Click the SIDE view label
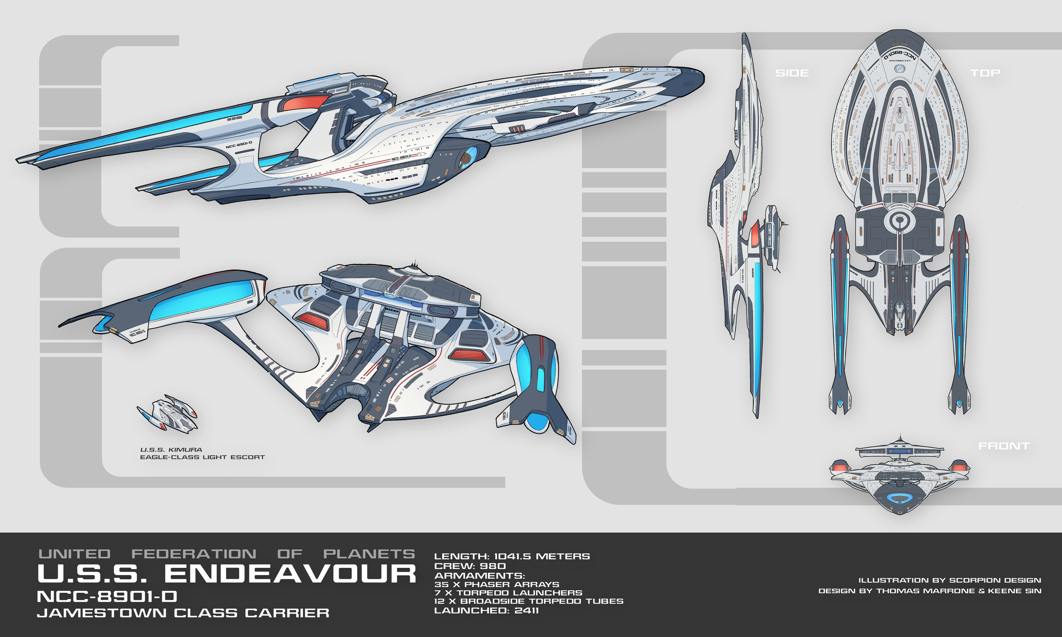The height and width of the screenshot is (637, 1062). coord(792,73)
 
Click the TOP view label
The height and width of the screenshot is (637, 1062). coord(985,73)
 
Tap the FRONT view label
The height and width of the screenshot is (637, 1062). coord(1004,446)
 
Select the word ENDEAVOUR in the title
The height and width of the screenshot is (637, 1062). coord(290,574)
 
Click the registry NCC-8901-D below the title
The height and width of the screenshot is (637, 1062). coord(107,596)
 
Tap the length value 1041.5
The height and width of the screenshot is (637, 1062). coord(513,556)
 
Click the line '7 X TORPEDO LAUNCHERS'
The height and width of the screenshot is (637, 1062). coord(508,593)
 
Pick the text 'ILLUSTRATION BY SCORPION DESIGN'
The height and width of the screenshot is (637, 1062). coord(949,581)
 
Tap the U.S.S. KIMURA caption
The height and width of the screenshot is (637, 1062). coord(171,450)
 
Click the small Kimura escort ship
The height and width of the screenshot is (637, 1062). coord(167,413)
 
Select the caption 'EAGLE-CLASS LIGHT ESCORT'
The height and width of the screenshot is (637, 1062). coord(202,457)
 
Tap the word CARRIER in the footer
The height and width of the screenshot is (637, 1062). coord(287,612)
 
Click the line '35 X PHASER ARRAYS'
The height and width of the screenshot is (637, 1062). coord(496,584)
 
